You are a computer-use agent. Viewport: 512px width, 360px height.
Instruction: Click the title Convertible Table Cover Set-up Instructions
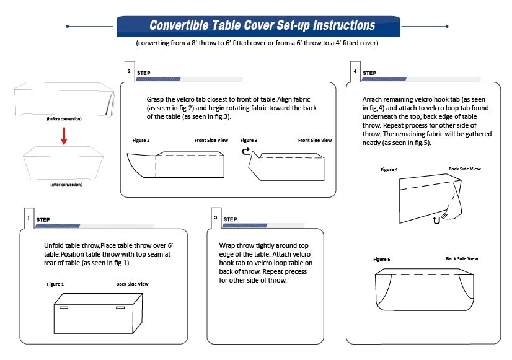coord(262,26)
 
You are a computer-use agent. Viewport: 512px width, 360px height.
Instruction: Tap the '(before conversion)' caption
coord(64,118)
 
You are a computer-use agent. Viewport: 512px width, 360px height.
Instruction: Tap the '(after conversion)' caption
coord(66,185)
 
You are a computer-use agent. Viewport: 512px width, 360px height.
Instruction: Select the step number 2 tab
coord(129,71)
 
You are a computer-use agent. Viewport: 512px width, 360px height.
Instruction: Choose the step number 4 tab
coord(355,71)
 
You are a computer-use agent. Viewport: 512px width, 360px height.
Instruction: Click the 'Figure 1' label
coord(55,284)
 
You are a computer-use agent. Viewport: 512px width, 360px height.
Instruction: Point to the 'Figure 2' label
coord(141,141)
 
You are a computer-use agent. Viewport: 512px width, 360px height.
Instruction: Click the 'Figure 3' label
coord(249,141)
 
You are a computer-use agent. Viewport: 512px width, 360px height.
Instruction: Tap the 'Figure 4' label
coord(389,169)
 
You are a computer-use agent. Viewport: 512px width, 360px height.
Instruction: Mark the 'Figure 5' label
coord(382,259)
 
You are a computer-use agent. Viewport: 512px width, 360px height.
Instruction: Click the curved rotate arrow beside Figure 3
coord(245,151)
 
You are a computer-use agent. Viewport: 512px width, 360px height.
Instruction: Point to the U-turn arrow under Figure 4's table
coord(438,220)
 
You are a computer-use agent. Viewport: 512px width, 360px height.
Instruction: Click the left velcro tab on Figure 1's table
coord(64,307)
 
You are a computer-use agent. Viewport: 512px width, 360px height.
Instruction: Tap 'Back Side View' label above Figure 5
coord(462,258)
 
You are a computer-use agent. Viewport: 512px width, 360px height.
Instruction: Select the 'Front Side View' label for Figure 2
coord(211,141)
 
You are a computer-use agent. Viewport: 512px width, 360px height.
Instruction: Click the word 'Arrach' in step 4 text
coord(373,99)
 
